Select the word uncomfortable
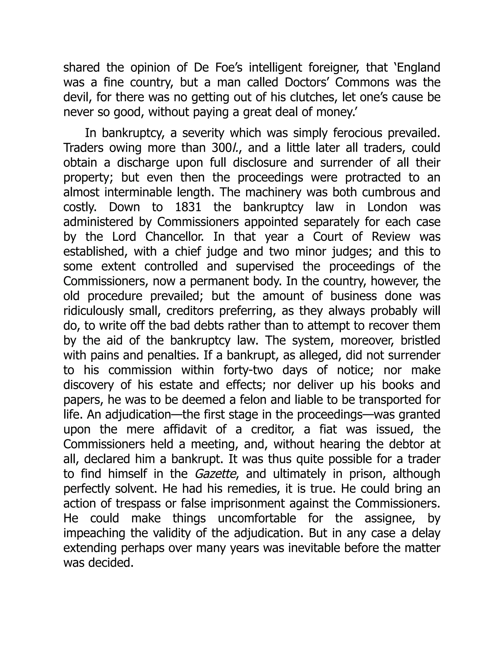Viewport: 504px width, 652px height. click(257, 518)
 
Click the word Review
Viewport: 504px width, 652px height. click(391, 237)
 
